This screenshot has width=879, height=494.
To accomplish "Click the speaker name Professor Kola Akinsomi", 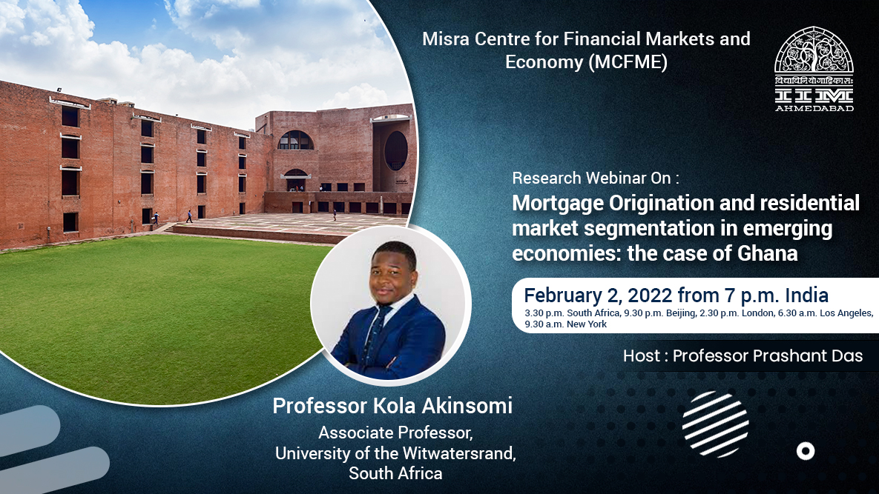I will pos(392,406).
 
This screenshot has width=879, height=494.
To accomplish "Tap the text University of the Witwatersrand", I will pos(395,453).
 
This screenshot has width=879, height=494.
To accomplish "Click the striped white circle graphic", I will pos(715,424).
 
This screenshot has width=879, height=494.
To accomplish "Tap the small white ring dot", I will pos(805,451).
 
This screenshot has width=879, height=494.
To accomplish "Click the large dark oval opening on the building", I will pos(395,150).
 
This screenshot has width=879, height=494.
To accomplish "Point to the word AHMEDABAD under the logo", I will pos(814,107).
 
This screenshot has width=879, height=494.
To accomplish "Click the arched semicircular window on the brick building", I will pos(296,141).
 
